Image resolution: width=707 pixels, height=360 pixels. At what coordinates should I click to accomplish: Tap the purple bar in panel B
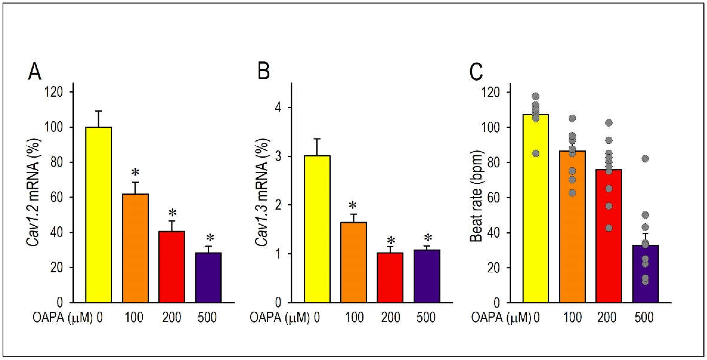[427, 276]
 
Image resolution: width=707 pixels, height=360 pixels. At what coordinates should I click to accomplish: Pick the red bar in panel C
[608, 236]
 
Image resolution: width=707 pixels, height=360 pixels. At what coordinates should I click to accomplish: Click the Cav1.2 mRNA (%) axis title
[33, 192]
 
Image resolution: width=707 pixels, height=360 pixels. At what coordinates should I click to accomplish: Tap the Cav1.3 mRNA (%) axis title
[261, 192]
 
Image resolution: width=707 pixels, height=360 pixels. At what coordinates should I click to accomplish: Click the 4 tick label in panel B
[278, 108]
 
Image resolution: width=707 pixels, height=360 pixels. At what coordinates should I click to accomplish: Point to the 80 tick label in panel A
[57, 162]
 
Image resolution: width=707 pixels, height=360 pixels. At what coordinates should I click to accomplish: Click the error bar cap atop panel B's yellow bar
[317, 139]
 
